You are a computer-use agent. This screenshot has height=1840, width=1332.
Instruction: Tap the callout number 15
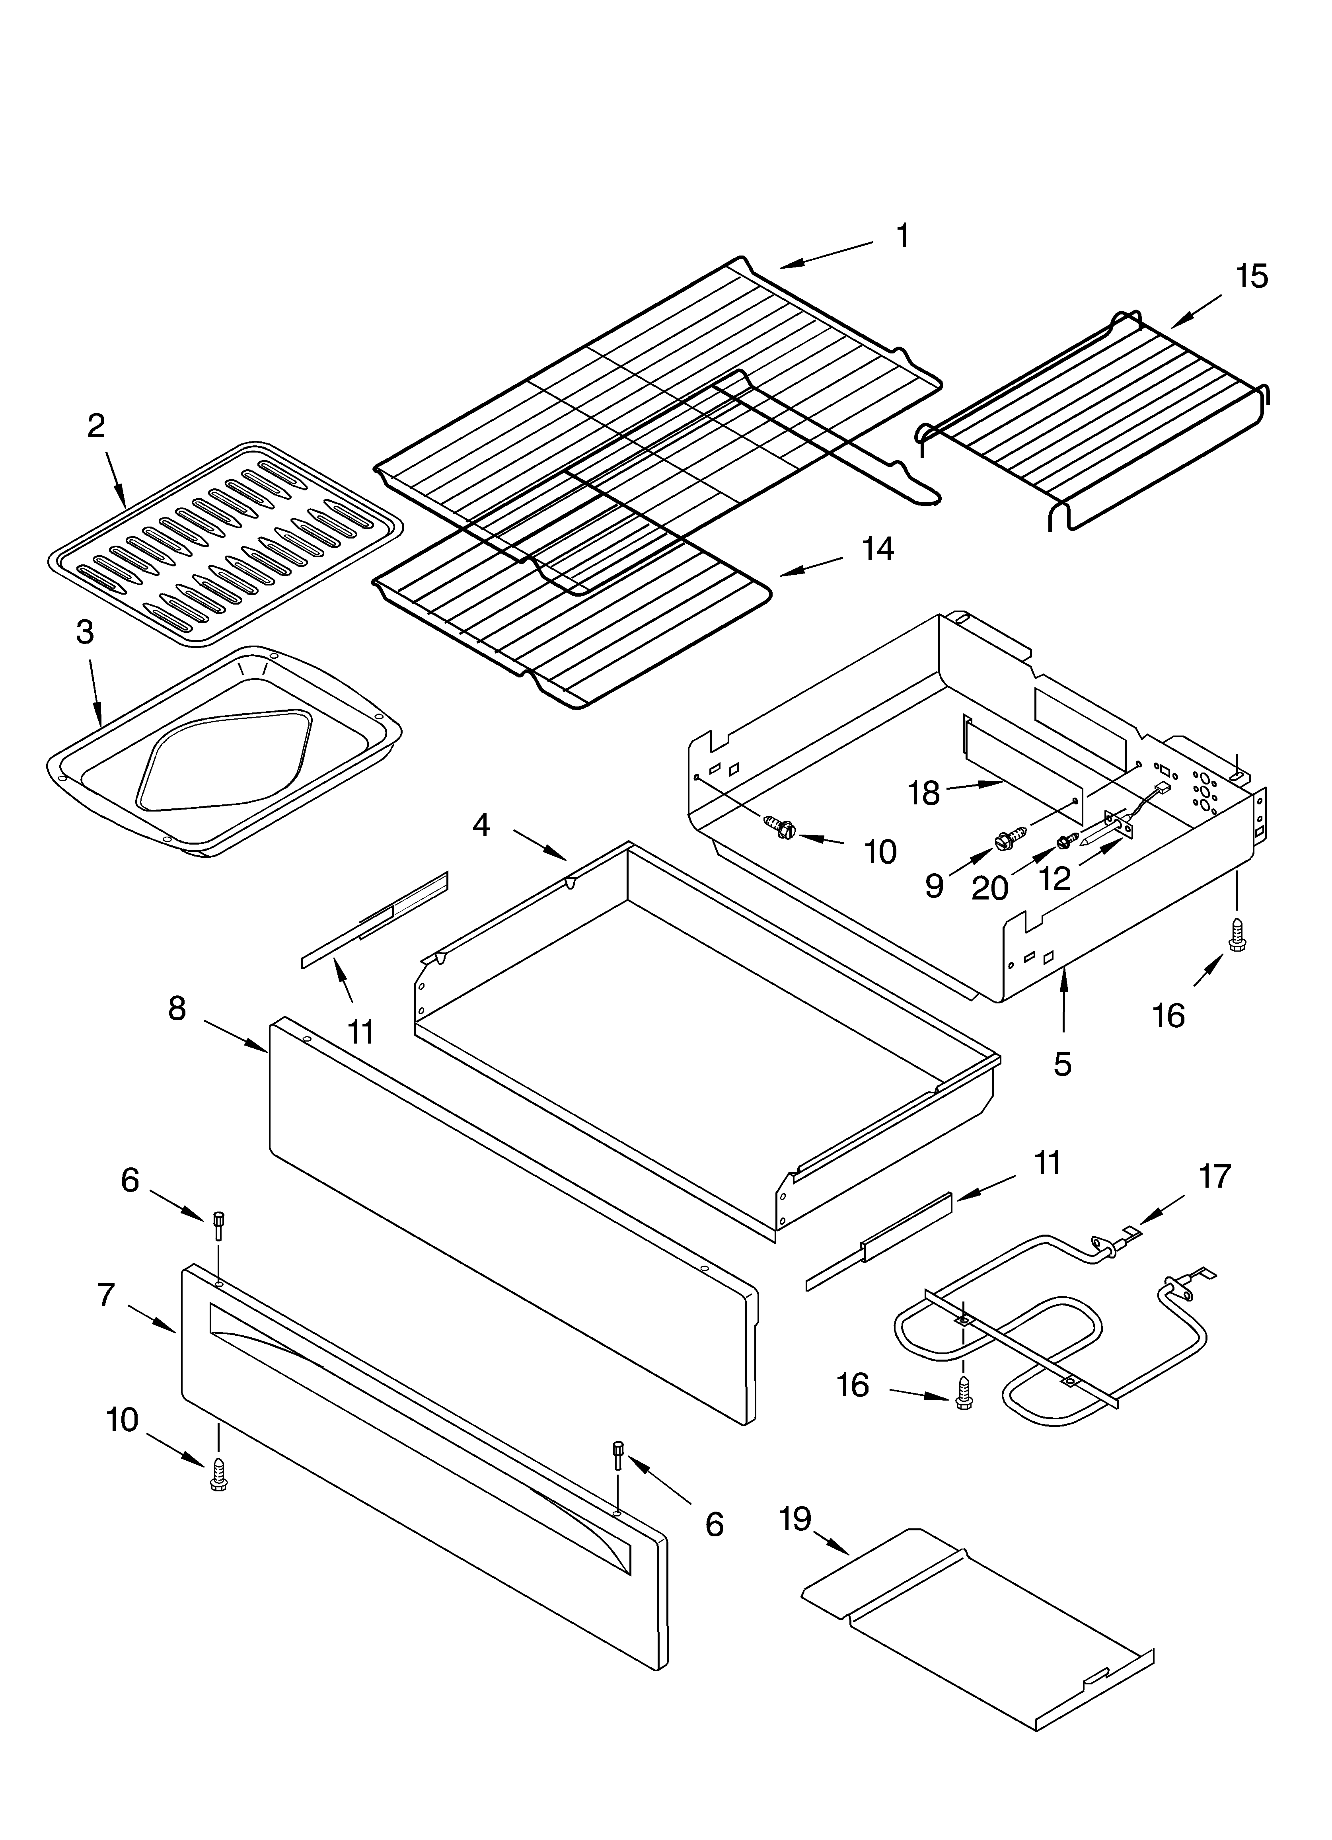(1252, 277)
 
